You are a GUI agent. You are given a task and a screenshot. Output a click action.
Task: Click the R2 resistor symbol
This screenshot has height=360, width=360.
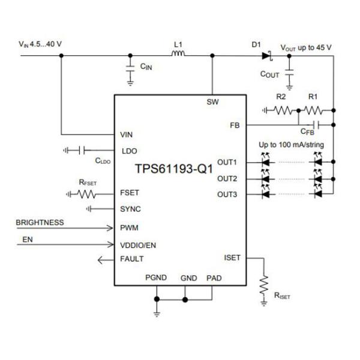[284, 110]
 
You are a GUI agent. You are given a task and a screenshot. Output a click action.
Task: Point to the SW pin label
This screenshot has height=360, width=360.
[212, 102]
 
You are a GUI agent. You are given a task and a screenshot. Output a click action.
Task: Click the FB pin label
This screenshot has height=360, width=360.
[235, 125]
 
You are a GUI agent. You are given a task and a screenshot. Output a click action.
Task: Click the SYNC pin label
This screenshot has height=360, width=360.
[131, 209]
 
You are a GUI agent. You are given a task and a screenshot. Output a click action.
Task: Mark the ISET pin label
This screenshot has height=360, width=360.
[232, 258]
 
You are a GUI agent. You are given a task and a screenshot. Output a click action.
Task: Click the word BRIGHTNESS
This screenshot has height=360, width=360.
[40, 223]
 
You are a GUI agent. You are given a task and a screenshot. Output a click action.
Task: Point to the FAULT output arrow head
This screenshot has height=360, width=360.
[101, 259]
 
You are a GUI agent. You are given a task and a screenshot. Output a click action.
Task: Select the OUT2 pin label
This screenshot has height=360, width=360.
[227, 178]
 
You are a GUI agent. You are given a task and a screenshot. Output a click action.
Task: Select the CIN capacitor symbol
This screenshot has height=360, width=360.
[130, 71]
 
